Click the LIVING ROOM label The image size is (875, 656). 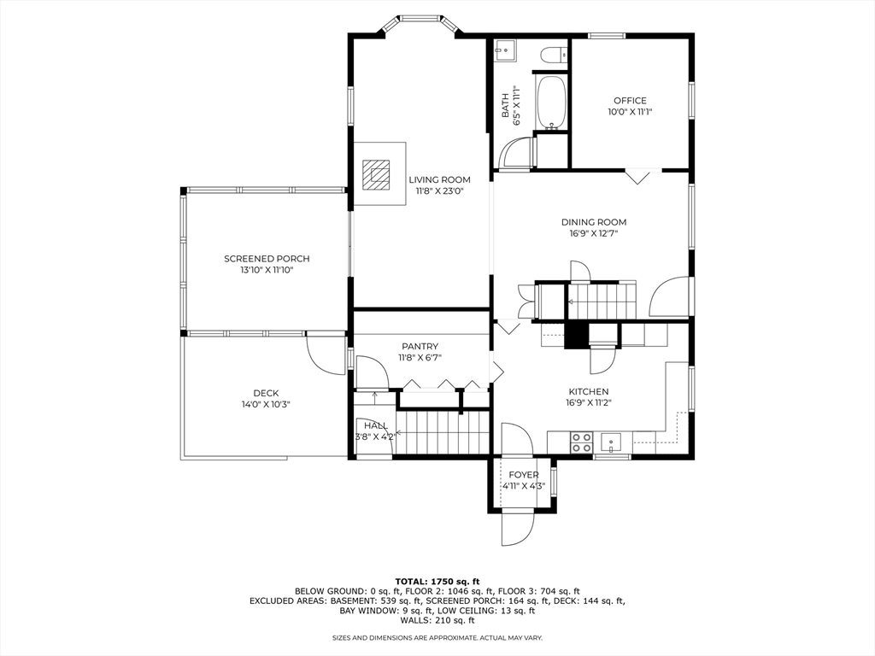coord(439,179)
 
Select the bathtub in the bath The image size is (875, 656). coord(551,102)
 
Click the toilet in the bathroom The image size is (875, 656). coord(553,55)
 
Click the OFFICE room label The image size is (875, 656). coord(630,101)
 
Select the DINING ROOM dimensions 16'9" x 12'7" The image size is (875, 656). coord(593,233)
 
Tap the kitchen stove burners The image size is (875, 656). coord(581,442)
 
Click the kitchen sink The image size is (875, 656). coord(613,442)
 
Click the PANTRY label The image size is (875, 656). coord(420,346)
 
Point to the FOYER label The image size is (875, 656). coord(524,475)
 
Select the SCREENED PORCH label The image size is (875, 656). coord(267,259)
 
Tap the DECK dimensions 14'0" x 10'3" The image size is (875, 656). coord(266,404)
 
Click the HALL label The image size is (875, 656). coord(375,425)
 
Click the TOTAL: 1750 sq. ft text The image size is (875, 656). coord(437,581)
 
